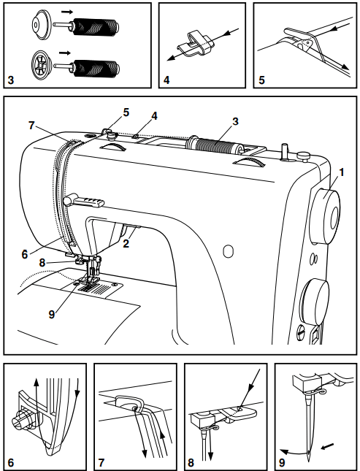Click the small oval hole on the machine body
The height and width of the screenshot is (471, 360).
227,251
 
